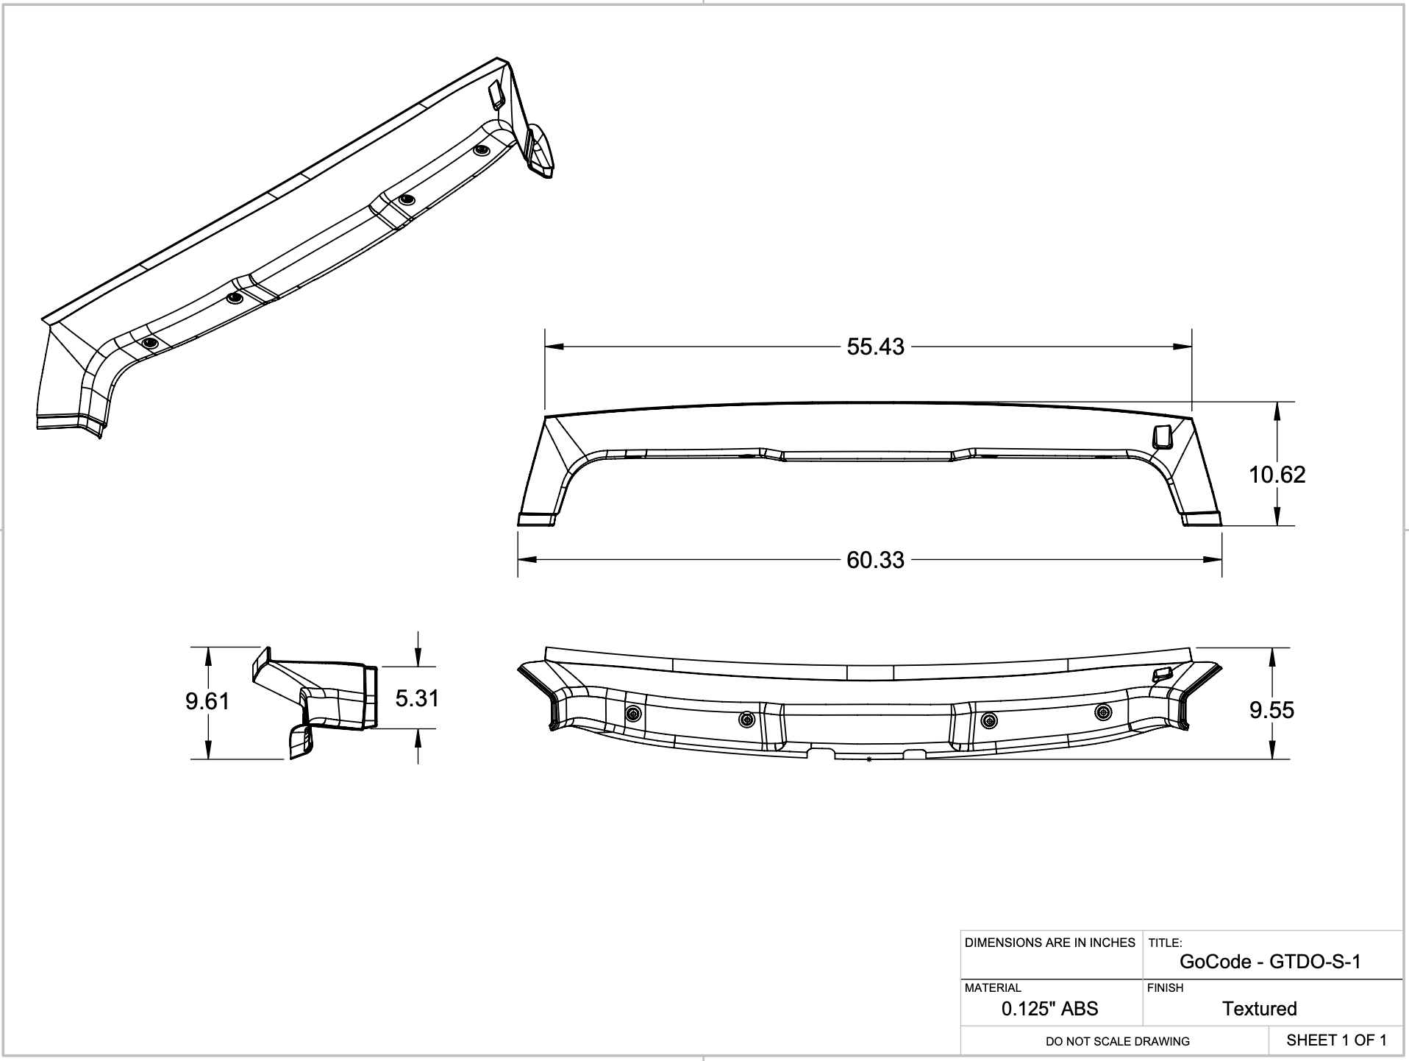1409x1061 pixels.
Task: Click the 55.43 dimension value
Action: (875, 347)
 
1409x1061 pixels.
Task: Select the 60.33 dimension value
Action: (875, 560)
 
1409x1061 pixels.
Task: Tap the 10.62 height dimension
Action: (1277, 475)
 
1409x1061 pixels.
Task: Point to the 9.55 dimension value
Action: (1271, 710)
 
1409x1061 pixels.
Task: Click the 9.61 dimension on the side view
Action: (207, 701)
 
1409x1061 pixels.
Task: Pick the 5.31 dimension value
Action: (417, 698)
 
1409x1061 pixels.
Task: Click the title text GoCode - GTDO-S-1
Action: (1270, 962)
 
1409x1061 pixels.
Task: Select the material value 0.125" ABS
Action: (1049, 1009)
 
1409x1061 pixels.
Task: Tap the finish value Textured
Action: (1259, 1009)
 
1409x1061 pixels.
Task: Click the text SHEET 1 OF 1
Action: (1336, 1040)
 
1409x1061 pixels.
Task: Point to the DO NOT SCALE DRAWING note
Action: (1117, 1041)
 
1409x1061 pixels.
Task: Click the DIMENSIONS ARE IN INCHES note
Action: (1049, 943)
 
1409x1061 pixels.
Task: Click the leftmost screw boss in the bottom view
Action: (632, 714)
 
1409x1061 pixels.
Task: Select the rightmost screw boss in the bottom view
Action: (1103, 712)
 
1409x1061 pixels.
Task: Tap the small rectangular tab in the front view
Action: (1162, 436)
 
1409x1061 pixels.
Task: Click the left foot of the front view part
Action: (537, 519)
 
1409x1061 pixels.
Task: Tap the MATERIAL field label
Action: (993, 988)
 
